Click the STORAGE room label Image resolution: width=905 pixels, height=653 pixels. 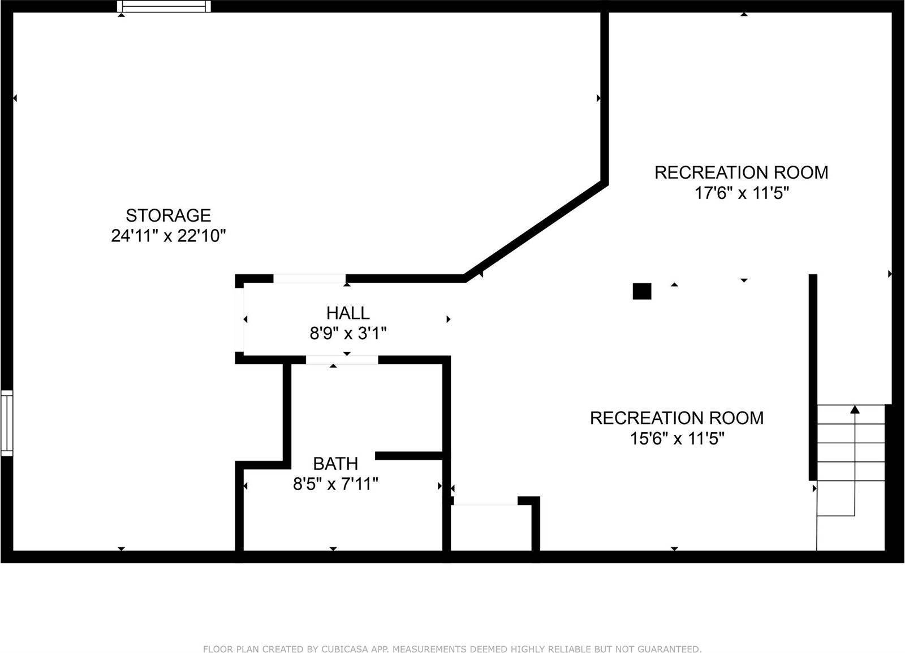click(x=168, y=215)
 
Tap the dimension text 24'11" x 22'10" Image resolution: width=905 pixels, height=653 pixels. click(x=168, y=236)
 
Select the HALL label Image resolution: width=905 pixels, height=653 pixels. click(x=347, y=313)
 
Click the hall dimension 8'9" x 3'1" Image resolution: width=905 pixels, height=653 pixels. click(x=347, y=334)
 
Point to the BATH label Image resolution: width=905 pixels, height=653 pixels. click(x=335, y=464)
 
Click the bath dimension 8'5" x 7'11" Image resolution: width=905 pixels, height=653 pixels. click(x=335, y=484)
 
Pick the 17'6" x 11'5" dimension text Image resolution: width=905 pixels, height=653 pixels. click(x=741, y=193)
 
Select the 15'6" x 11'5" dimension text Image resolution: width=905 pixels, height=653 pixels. click(x=677, y=438)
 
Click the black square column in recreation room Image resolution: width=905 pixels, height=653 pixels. click(x=641, y=291)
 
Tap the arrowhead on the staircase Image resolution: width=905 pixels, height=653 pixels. click(x=855, y=409)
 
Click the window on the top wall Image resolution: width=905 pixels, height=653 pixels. click(x=164, y=6)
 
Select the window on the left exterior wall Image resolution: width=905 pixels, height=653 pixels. click(x=6, y=422)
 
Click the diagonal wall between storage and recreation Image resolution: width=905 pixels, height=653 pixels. click(x=535, y=231)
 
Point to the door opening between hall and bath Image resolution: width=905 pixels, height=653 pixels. click(x=342, y=360)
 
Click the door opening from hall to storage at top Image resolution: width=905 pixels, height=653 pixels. click(x=309, y=278)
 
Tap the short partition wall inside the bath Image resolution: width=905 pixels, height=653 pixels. click(x=408, y=456)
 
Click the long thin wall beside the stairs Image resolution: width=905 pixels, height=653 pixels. click(x=813, y=377)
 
